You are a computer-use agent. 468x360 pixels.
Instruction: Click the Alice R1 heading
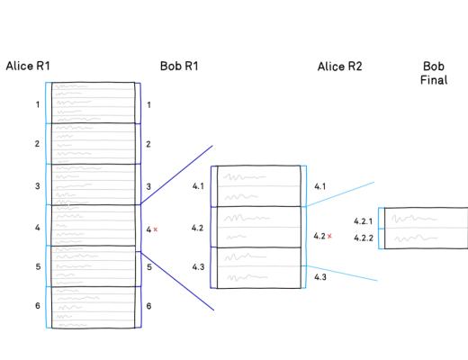(x=28, y=66)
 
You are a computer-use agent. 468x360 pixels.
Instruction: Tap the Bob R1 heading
(x=179, y=67)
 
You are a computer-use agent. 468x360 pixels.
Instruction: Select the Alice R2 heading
(x=339, y=67)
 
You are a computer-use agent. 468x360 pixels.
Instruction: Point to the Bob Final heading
(x=434, y=73)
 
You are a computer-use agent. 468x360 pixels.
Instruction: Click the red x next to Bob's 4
(x=156, y=229)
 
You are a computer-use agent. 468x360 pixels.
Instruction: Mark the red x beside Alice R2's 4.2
(x=329, y=236)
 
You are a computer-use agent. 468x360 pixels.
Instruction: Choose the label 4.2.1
(x=364, y=221)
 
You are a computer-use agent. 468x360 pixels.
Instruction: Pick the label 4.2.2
(x=364, y=238)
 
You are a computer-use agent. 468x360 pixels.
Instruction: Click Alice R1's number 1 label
(x=38, y=104)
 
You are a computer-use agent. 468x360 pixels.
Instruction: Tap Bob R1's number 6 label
(x=148, y=306)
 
